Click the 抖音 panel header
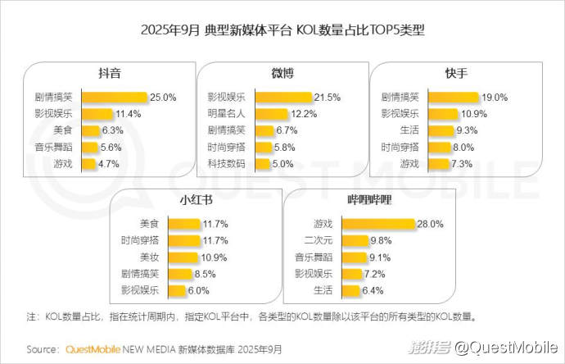point(109,72)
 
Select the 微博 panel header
point(281,72)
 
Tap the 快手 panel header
point(457,72)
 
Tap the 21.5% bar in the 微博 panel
point(283,97)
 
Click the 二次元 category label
point(317,240)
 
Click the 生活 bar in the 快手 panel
point(440,130)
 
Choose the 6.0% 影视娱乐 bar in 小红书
point(177,290)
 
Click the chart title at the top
point(282,31)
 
